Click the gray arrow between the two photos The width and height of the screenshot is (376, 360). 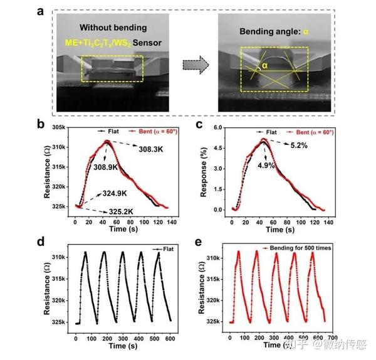point(195,63)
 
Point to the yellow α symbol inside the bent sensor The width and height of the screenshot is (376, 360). point(265,64)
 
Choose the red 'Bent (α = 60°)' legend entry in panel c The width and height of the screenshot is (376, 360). point(311,132)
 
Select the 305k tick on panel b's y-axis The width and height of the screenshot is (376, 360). point(61,127)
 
